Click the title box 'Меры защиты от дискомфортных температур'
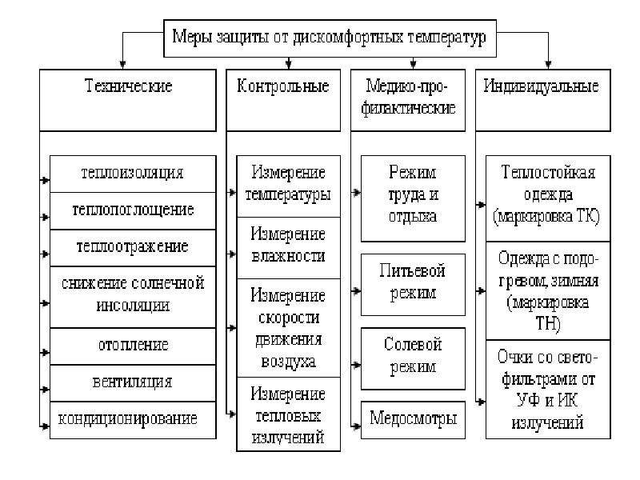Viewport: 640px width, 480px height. point(330,38)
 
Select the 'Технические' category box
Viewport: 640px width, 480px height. point(128,100)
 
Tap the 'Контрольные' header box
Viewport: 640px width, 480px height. point(283,100)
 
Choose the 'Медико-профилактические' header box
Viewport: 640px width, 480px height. point(408,100)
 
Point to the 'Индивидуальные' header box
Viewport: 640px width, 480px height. point(543,100)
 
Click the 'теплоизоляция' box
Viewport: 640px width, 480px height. point(133,174)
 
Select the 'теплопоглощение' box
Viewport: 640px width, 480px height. point(133,211)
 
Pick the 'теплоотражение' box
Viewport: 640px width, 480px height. point(133,248)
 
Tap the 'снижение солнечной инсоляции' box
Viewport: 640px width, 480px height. point(133,297)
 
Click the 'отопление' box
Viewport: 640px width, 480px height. point(133,346)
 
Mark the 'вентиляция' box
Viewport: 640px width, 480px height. point(133,383)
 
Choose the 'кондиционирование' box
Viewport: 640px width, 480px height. point(133,420)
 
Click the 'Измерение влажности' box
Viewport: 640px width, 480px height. point(288,248)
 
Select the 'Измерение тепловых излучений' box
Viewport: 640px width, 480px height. point(288,414)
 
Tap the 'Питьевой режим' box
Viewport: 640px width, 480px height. point(413,285)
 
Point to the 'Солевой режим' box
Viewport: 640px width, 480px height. point(413,358)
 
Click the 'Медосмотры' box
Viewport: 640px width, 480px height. point(413,420)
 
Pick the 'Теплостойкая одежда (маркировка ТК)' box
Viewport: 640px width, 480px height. point(548,198)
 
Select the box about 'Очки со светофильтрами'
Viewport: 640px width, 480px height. point(548,390)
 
